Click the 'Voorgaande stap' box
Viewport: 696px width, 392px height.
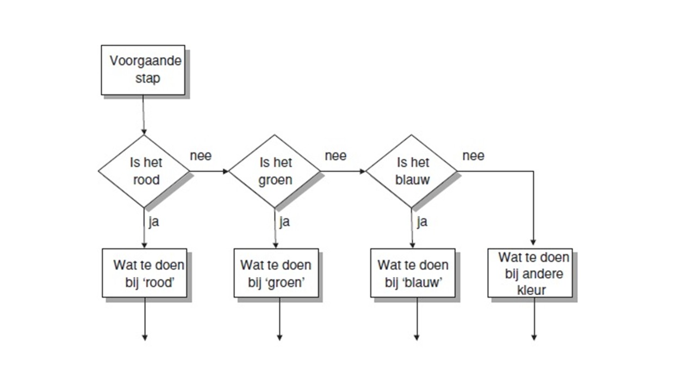[143, 70]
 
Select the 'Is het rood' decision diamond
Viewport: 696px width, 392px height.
[144, 171]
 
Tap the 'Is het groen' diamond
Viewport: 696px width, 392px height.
[275, 171]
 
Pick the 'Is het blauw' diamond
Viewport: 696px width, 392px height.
[412, 171]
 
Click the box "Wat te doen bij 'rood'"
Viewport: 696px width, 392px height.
[145, 273]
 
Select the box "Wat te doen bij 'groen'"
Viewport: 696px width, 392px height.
[276, 273]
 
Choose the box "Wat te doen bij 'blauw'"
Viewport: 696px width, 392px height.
[413, 273]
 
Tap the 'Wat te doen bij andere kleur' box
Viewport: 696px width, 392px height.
[530, 273]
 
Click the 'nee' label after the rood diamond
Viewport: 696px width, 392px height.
[201, 156]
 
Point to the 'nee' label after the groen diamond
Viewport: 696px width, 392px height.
[335, 156]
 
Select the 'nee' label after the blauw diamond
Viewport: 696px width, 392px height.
[473, 156]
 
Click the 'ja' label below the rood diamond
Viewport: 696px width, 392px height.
[154, 222]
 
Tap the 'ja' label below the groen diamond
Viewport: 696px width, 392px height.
[284, 222]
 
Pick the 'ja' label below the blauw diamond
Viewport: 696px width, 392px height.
[422, 222]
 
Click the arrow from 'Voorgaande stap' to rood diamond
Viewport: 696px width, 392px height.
[143, 115]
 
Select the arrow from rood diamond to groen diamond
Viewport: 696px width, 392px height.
[209, 171]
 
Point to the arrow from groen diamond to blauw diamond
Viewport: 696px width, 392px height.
[343, 171]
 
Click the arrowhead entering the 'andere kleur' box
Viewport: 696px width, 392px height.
[533, 242]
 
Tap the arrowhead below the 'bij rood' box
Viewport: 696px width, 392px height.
[145, 337]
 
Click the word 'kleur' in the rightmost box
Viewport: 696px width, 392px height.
[531, 290]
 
